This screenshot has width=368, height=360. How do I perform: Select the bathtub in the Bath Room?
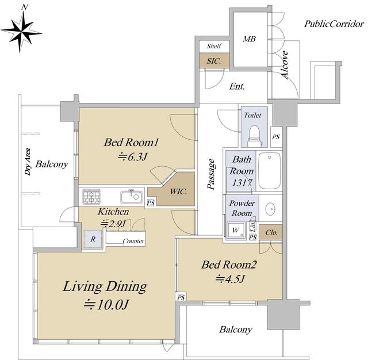(269, 170)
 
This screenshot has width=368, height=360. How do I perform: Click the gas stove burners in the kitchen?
(91, 197)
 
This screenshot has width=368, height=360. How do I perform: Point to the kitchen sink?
(132, 197)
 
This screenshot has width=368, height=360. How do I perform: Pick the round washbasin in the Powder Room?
(270, 208)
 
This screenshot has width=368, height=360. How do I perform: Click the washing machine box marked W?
(236, 231)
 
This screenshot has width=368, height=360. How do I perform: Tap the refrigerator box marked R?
(93, 239)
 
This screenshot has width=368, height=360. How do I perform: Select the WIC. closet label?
(179, 192)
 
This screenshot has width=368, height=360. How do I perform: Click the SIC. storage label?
(214, 62)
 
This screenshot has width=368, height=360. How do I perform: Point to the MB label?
(249, 39)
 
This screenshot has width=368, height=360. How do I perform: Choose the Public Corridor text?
(334, 24)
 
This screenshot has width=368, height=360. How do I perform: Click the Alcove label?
(285, 64)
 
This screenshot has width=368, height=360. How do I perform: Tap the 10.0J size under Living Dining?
(106, 305)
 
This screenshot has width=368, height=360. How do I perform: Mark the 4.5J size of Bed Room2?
(231, 279)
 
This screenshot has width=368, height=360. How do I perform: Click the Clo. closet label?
(272, 232)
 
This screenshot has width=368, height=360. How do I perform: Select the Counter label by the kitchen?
(133, 241)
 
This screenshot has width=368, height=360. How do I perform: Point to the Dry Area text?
(28, 162)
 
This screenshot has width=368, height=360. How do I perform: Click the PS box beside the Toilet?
(276, 137)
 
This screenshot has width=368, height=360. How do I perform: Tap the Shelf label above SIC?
(214, 46)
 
